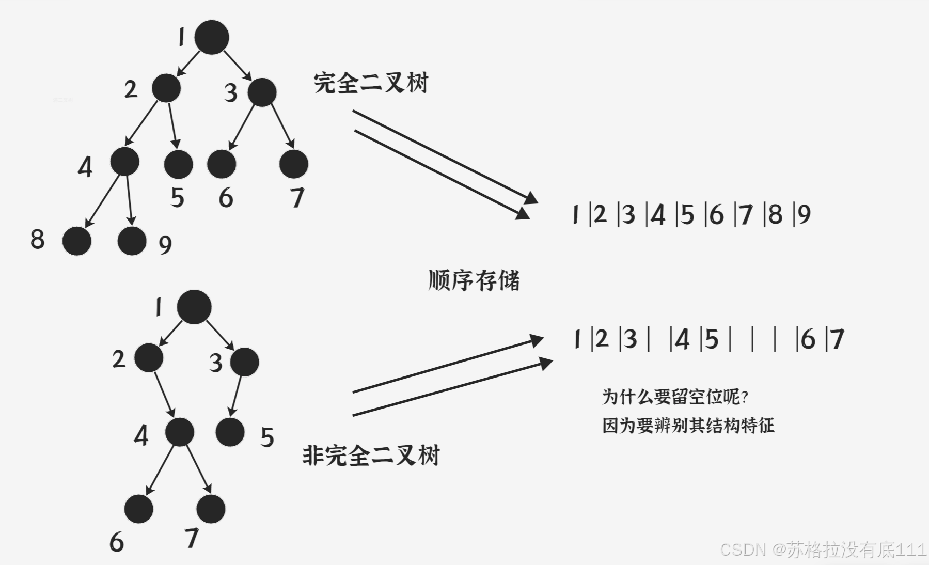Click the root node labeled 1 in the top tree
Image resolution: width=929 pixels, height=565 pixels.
[x=212, y=37]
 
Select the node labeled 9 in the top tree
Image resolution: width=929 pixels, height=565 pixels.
[x=132, y=241]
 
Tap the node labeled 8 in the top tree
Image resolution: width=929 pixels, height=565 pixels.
[x=77, y=241]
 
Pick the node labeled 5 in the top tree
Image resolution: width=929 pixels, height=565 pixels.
[x=178, y=164]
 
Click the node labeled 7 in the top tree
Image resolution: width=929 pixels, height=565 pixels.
[x=294, y=164]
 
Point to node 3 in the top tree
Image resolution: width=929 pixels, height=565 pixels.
[x=262, y=92]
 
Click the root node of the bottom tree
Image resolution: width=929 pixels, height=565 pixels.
[x=194, y=307]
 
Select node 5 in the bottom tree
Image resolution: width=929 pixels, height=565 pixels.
[x=230, y=432]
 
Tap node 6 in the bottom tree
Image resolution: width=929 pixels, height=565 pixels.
[x=139, y=509]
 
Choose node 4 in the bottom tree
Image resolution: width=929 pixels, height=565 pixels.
[x=180, y=432]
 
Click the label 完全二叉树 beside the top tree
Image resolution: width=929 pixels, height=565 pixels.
[x=371, y=83]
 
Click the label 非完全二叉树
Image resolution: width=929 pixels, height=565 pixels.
[x=371, y=456]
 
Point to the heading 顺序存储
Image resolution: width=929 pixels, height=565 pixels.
[x=474, y=280]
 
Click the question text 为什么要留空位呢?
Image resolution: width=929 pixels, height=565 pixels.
[x=675, y=397]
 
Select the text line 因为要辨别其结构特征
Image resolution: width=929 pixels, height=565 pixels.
[x=688, y=426]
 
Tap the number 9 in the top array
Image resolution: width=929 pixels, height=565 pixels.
[x=804, y=214]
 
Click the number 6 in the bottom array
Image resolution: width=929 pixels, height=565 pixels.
[x=808, y=339]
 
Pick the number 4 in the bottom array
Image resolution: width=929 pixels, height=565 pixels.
[x=682, y=340]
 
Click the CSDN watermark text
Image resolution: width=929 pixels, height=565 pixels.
[x=823, y=550]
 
